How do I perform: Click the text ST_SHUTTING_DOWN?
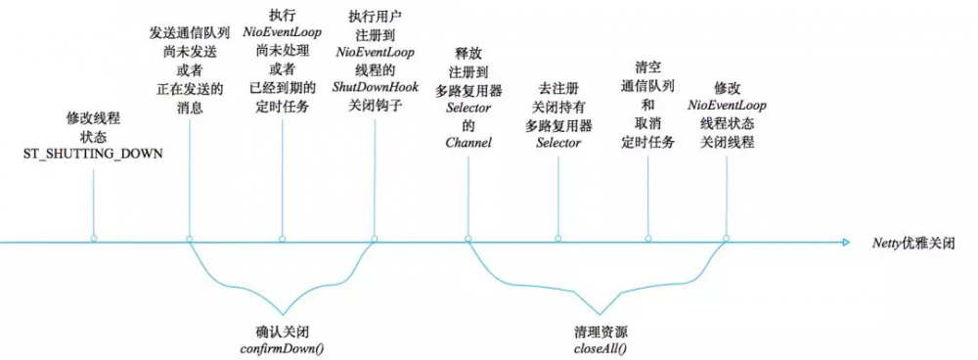93,155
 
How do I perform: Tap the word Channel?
467,142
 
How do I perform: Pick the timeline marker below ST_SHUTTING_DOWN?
94,239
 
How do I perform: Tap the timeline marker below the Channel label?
467,239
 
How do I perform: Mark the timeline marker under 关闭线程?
727,239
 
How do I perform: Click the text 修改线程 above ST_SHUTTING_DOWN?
93,118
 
